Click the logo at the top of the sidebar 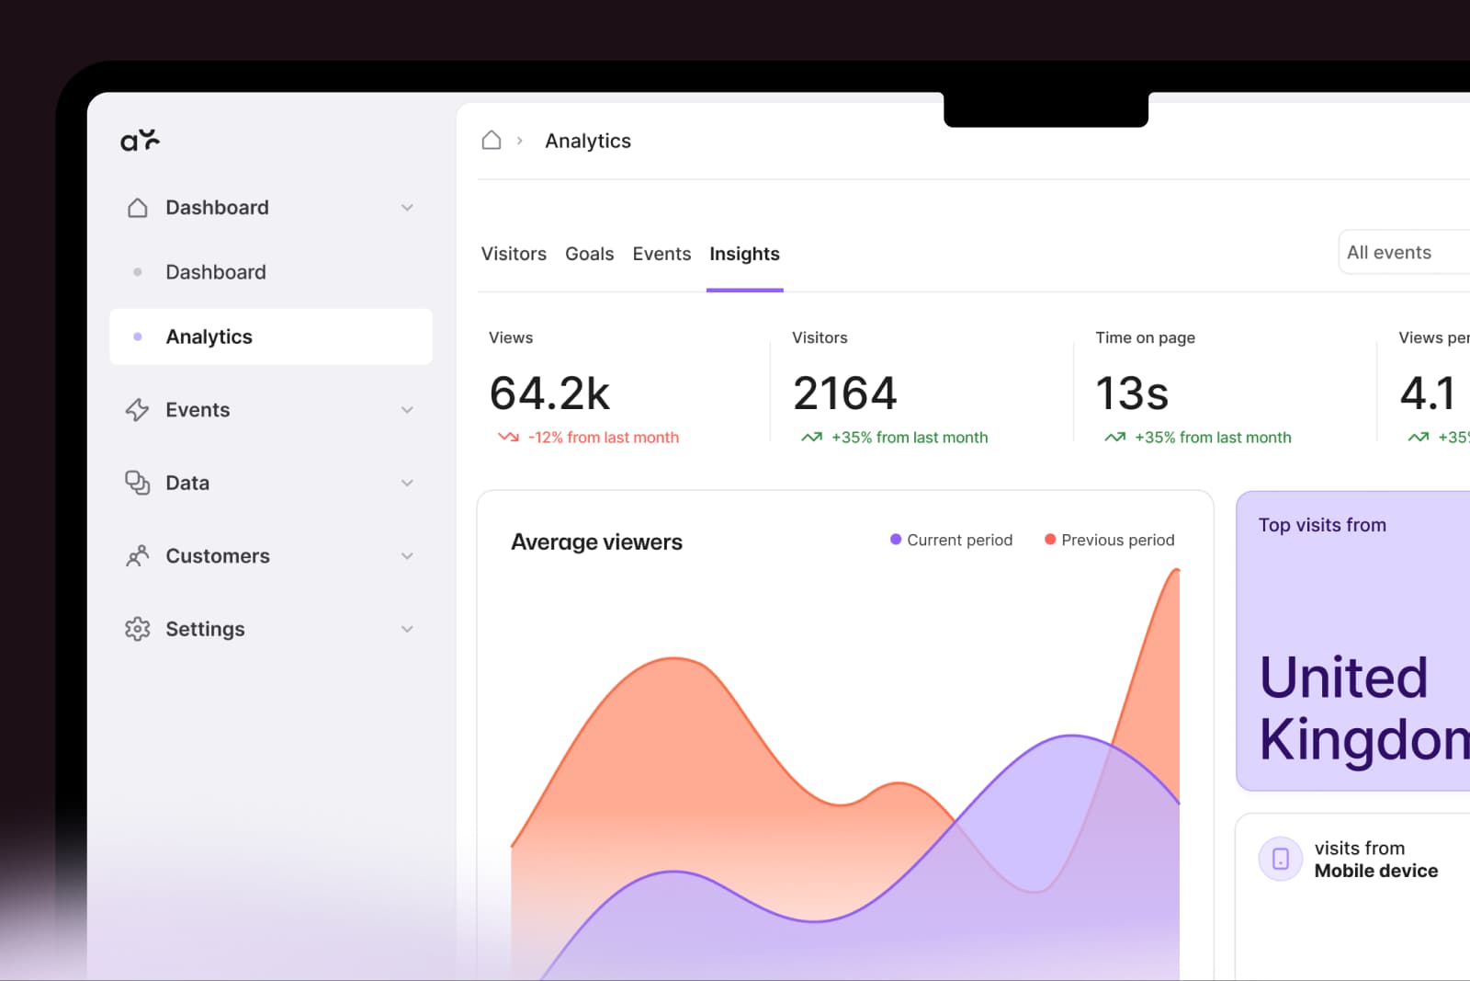click(140, 140)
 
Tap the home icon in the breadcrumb click(492, 140)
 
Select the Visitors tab click(514, 254)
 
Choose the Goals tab click(589, 254)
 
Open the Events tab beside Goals click(661, 254)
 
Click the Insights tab click(744, 254)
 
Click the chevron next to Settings click(407, 629)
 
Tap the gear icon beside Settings click(138, 629)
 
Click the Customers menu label click(218, 556)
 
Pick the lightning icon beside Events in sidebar click(138, 410)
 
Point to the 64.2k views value click(549, 394)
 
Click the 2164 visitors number click(844, 394)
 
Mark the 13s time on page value click(1132, 394)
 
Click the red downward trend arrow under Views click(508, 438)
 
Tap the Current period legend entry click(951, 540)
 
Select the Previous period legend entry click(1109, 540)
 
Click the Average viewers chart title click(596, 542)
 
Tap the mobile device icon click(1281, 859)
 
